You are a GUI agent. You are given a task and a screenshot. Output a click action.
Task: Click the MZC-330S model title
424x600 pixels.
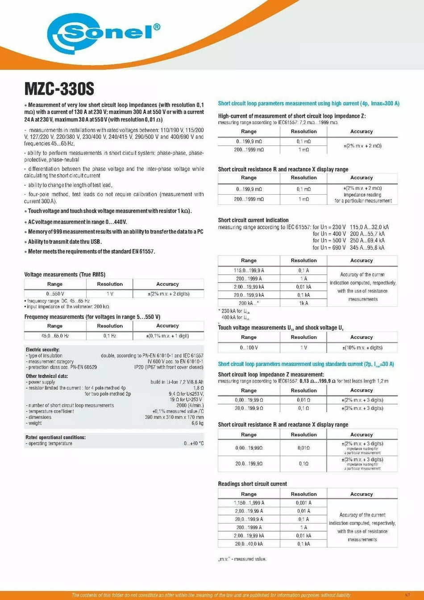tap(59, 88)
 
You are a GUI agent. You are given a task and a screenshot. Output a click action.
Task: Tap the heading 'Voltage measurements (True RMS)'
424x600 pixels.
tap(65, 275)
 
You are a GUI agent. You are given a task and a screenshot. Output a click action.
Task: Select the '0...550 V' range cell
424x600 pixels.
tap(55, 294)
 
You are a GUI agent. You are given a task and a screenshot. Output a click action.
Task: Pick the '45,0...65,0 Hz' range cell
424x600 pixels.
tap(55, 336)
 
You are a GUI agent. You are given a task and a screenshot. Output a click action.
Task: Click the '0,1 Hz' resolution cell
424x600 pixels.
tap(110, 336)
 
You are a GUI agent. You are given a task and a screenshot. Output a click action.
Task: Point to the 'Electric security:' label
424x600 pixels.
tap(42, 350)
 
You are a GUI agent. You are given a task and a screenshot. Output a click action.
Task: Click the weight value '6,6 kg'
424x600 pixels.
tap(197, 423)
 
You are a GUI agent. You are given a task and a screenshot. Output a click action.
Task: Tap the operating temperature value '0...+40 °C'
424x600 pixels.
tap(194, 443)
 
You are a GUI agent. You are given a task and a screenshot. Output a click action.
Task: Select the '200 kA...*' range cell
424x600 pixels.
tap(249, 303)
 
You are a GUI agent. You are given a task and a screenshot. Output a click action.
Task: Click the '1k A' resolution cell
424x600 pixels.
tap(303, 303)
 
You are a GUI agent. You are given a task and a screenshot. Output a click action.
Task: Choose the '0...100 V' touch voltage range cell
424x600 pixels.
tap(249, 347)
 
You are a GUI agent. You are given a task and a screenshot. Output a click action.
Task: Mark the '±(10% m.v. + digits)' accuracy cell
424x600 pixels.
tap(362, 347)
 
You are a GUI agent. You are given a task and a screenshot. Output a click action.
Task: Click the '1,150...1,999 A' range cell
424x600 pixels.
tap(249, 503)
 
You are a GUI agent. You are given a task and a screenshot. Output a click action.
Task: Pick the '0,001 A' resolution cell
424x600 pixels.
tap(303, 503)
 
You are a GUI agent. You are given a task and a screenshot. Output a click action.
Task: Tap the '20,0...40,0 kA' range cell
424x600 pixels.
tap(249, 544)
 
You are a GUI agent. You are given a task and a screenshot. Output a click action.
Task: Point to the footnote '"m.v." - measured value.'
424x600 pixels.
tap(242, 559)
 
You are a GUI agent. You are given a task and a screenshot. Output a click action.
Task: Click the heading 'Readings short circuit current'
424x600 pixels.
tap(252, 484)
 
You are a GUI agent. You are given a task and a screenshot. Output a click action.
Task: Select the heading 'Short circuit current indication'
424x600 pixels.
tap(253, 220)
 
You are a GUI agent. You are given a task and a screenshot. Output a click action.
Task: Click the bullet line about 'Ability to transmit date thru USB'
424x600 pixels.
tap(65, 242)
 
